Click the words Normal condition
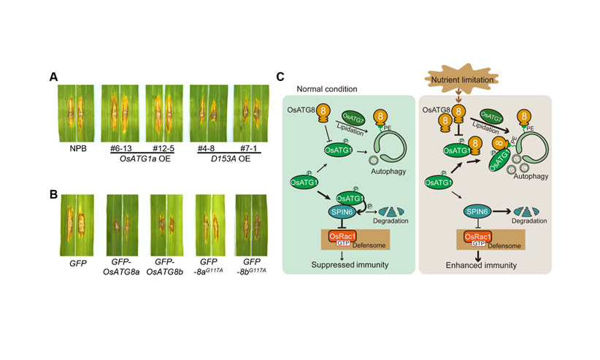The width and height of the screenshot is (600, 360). click(x=326, y=89)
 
